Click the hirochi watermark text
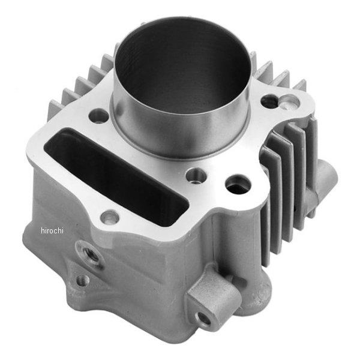(52, 230)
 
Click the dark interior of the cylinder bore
(182, 64)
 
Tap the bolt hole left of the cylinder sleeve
(98, 116)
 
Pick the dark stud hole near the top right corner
(270, 101)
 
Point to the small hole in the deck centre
(196, 176)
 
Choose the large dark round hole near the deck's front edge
(238, 184)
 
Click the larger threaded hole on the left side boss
(90, 254)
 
